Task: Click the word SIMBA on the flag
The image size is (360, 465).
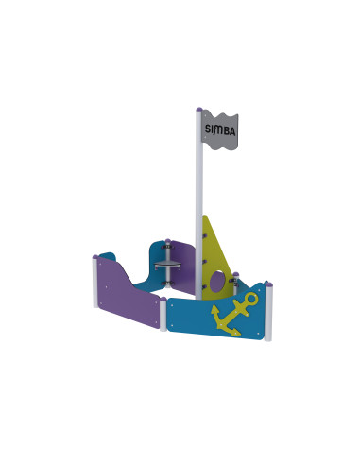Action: (x=220, y=129)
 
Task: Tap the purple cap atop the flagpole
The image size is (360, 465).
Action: (x=199, y=110)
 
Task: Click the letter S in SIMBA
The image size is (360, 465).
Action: (x=208, y=129)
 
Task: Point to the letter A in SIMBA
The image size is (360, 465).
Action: (x=232, y=131)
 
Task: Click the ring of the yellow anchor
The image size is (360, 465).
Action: (x=251, y=299)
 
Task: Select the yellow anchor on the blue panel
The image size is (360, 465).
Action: (x=234, y=314)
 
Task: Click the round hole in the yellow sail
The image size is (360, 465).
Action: (x=217, y=282)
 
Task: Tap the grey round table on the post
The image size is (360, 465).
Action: (x=167, y=266)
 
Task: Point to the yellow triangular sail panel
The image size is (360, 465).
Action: (x=214, y=258)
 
